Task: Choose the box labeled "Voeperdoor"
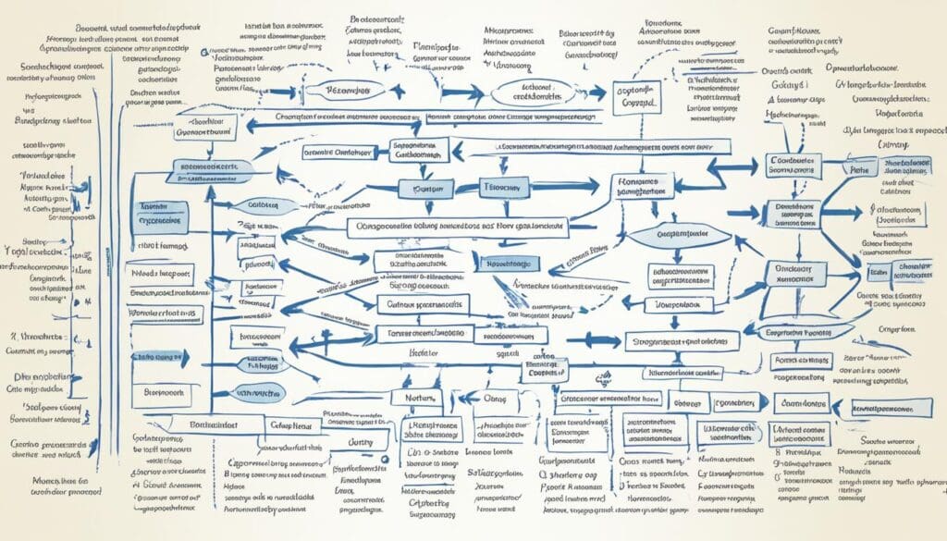681,303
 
